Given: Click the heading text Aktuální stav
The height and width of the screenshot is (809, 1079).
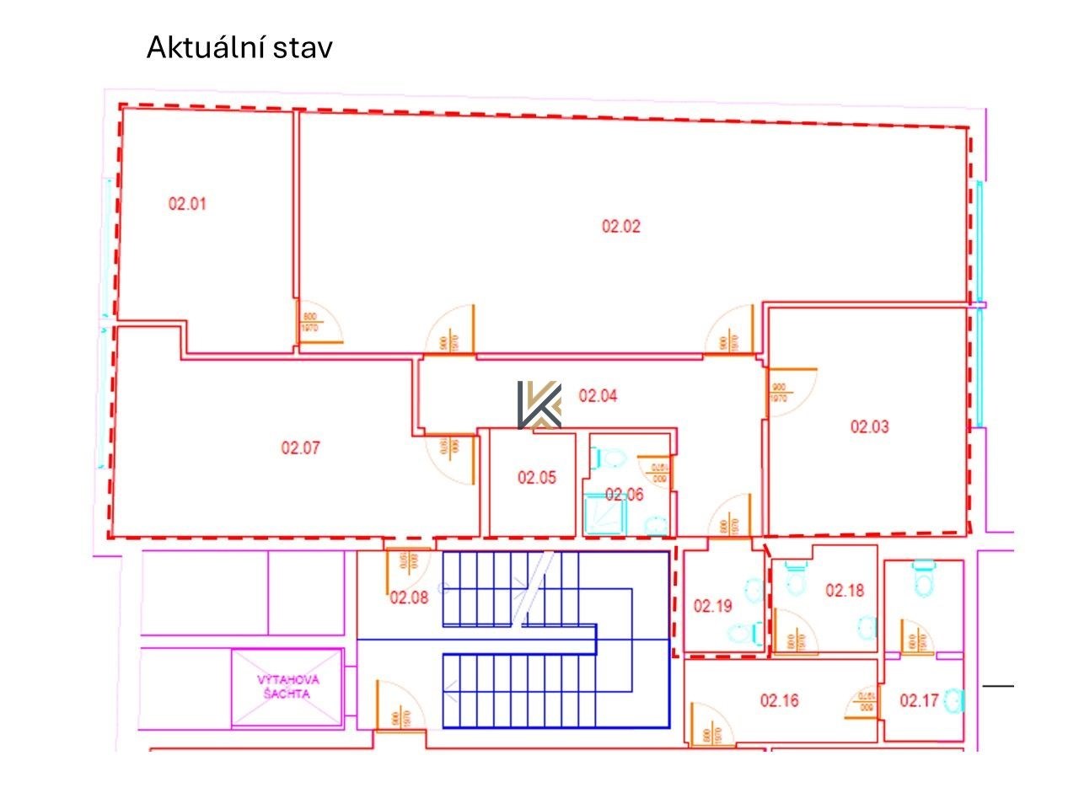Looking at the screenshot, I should [239, 47].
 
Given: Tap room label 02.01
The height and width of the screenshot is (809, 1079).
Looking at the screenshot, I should [188, 203].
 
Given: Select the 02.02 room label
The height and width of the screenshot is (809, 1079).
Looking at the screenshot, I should [621, 226].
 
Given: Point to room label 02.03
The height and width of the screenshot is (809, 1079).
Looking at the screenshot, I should [869, 426].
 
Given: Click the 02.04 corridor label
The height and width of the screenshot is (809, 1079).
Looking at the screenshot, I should [598, 395].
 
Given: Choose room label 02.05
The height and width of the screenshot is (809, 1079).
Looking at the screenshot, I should [537, 478].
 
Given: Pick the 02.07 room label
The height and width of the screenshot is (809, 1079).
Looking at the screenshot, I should [301, 448].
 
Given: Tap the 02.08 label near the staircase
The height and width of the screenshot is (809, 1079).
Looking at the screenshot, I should [409, 598].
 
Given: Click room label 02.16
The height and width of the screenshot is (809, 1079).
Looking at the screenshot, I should [780, 700].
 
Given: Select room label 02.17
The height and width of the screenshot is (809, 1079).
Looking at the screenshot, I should [919, 700].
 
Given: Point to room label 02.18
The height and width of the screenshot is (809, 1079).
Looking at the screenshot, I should [845, 591].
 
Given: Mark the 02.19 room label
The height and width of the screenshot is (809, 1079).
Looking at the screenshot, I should [713, 606].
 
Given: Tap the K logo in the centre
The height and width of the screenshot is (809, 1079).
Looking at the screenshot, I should [539, 404].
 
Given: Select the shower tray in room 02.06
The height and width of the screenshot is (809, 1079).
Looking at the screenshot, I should [605, 512].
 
